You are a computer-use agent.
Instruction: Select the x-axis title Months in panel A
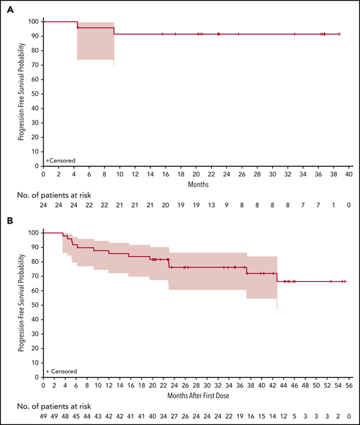point(196,183)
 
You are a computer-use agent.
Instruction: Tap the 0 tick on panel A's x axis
point(43,174)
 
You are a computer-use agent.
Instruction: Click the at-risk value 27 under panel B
point(173,417)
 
